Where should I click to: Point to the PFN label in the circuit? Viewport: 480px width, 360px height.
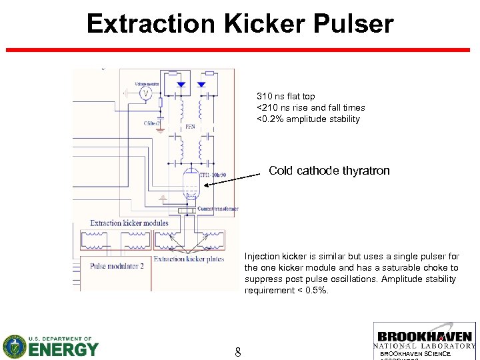click(190, 127)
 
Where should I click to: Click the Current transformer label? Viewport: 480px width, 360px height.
click(217, 209)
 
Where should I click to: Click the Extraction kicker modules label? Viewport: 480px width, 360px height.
click(129, 223)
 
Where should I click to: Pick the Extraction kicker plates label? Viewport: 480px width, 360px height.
click(188, 259)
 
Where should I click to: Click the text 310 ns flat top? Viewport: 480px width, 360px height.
click(285, 97)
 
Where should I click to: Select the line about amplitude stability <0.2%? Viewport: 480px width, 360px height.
click(308, 119)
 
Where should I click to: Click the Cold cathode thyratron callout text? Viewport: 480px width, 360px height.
click(329, 171)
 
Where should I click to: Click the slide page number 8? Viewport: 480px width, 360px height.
click(238, 351)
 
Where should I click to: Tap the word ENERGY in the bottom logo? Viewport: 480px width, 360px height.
click(64, 349)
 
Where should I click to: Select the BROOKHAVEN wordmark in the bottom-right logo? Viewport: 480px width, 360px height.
click(425, 337)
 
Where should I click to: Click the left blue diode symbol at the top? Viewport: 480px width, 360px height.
click(180, 85)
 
